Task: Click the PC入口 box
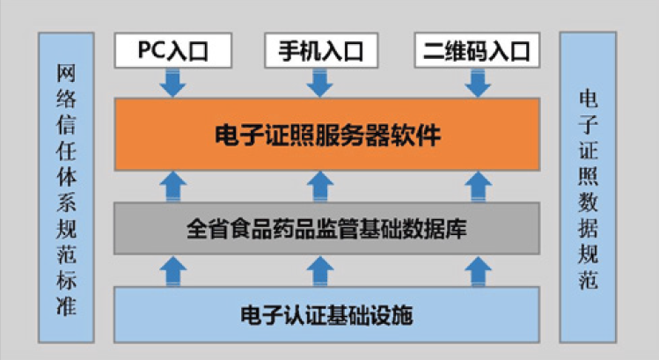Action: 173,50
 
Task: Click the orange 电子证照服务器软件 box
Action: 326,135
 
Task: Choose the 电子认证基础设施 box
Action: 326,312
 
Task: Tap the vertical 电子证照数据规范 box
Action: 588,188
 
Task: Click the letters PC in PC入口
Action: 151,50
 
